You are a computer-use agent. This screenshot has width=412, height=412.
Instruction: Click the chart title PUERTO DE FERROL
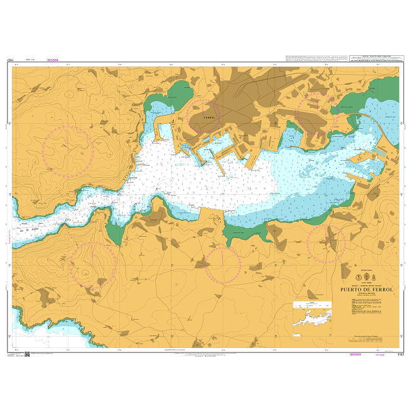[366, 290]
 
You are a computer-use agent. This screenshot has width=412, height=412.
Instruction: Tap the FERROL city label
[209, 117]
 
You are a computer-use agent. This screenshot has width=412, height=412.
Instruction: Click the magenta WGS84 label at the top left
[53, 60]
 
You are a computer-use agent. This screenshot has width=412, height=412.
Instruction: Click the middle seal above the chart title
[366, 276]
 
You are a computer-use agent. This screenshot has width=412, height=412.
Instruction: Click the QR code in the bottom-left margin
[27, 356]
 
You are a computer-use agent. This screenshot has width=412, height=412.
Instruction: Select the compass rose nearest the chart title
[326, 243]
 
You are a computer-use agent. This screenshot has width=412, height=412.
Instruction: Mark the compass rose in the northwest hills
[68, 151]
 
